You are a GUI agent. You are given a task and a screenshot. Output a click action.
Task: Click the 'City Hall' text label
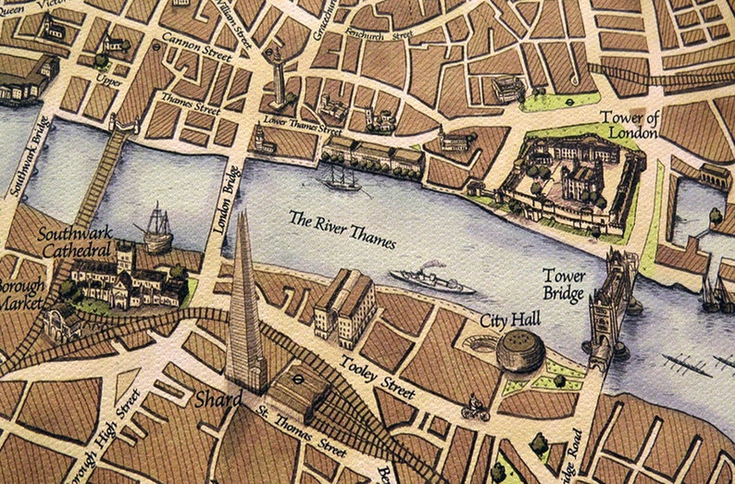coord(509,320)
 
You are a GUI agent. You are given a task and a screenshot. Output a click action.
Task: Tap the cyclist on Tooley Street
coord(475,408)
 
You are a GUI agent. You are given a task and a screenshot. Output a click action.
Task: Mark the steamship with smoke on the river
coord(431,279)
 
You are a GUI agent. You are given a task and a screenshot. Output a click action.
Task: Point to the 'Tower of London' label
coord(629,124)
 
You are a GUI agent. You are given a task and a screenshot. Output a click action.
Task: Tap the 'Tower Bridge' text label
coord(563,286)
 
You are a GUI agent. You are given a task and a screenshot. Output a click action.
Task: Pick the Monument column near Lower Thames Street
coord(278,80)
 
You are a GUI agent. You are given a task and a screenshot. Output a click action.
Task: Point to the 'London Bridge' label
coord(228,200)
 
